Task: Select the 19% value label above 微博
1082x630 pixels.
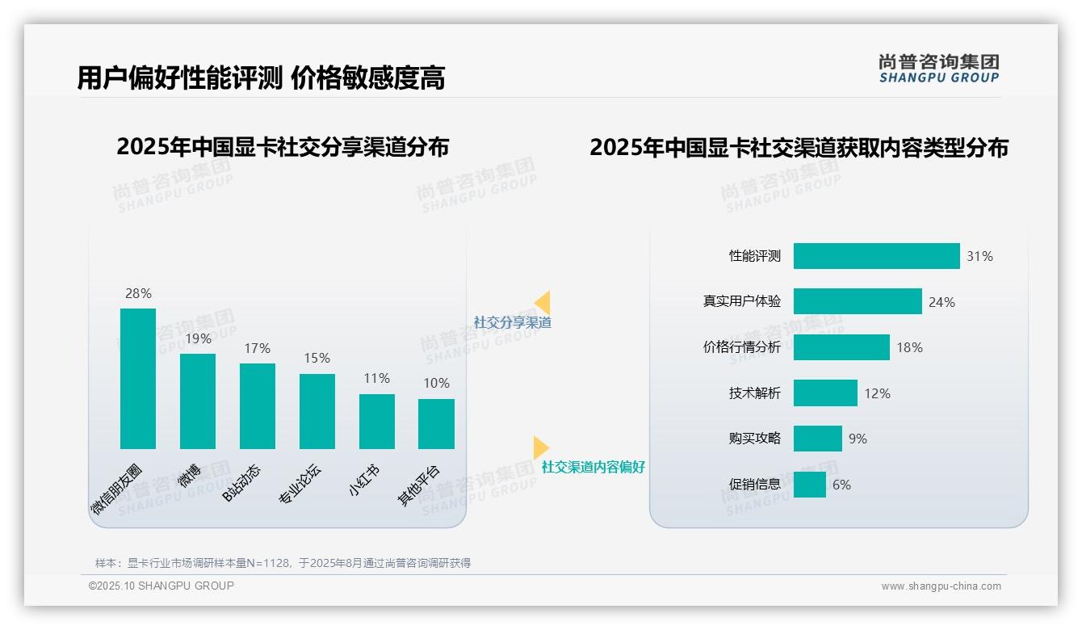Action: [x=198, y=338]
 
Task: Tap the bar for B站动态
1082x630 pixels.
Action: [x=258, y=405]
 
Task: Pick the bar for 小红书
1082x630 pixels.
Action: [x=376, y=421]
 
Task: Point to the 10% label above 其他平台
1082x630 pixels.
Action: [x=436, y=383]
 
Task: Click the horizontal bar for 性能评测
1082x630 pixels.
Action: [x=876, y=256]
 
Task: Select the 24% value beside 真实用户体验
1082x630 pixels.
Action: [x=942, y=302]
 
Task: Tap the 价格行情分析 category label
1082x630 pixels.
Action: [x=742, y=347]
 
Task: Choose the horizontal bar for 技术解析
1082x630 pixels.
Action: [x=825, y=393]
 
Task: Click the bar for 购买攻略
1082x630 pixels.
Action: [x=817, y=439]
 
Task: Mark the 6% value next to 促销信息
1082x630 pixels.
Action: [x=841, y=485]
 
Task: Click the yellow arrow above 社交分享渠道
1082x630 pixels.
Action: [x=543, y=303]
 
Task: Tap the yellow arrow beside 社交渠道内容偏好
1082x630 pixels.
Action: [x=541, y=447]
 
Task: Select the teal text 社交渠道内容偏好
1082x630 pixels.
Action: [x=593, y=467]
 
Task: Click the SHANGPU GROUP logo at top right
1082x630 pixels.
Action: [x=938, y=69]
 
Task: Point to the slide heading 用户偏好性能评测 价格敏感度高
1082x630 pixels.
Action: [x=261, y=78]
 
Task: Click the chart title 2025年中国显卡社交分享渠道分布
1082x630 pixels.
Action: [x=283, y=148]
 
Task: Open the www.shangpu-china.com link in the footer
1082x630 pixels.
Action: [x=941, y=586]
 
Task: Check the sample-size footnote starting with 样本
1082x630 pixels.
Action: [x=283, y=563]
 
